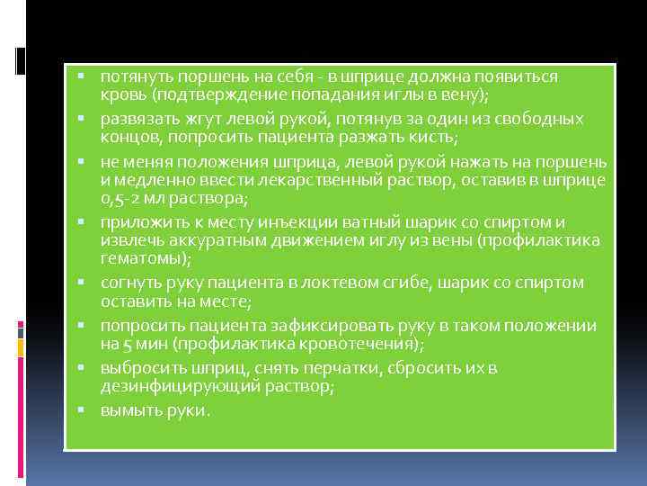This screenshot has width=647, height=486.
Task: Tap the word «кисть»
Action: tap(436, 137)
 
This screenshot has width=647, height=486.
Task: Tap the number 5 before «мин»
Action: tap(125, 344)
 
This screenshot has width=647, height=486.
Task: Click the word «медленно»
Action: tap(148, 180)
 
